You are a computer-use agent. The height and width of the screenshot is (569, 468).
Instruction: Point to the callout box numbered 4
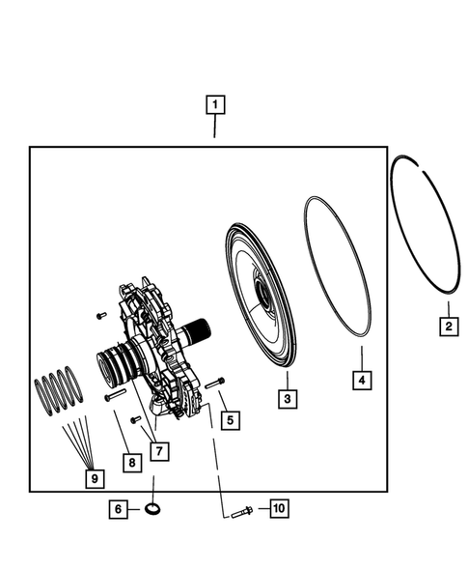360,381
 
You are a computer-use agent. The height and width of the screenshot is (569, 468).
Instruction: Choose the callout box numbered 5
230,420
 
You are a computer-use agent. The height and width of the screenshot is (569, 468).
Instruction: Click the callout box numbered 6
119,508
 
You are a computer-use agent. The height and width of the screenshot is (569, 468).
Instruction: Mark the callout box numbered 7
157,449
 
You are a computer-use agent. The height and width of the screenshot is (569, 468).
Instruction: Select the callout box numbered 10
278,508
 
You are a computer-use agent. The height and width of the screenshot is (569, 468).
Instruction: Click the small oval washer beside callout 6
152,508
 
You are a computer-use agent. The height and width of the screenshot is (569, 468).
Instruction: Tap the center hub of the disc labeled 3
262,301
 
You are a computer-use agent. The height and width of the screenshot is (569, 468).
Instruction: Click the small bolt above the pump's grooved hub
99,315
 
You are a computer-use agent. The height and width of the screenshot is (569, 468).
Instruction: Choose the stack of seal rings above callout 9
60,388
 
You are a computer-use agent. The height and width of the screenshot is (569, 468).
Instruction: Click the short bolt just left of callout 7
135,418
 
